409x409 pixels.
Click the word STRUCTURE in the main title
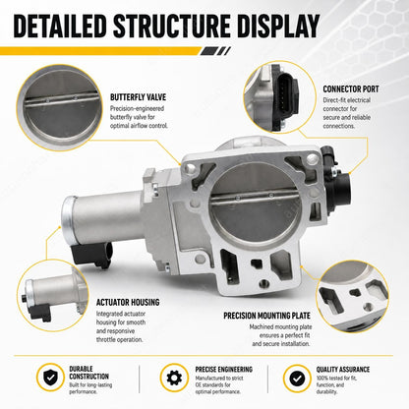[172, 26]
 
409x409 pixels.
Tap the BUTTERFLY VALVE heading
[138, 97]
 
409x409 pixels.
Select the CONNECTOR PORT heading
[351, 89]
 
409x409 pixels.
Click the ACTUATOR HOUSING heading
[128, 302]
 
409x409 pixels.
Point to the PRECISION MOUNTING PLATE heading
[266, 316]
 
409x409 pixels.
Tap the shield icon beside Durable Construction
[50, 378]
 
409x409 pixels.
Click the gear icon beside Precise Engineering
[174, 378]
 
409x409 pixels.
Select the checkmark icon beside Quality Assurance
[297, 379]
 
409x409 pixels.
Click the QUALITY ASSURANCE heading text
[343, 370]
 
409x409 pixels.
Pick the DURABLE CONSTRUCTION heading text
[88, 373]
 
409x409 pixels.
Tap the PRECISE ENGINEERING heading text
[224, 370]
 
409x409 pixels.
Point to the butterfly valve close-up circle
[59, 107]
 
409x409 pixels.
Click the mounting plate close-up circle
[352, 297]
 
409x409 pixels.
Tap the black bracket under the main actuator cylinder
[91, 255]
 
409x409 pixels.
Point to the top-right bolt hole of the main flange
[311, 160]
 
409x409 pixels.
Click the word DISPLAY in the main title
[278, 26]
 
